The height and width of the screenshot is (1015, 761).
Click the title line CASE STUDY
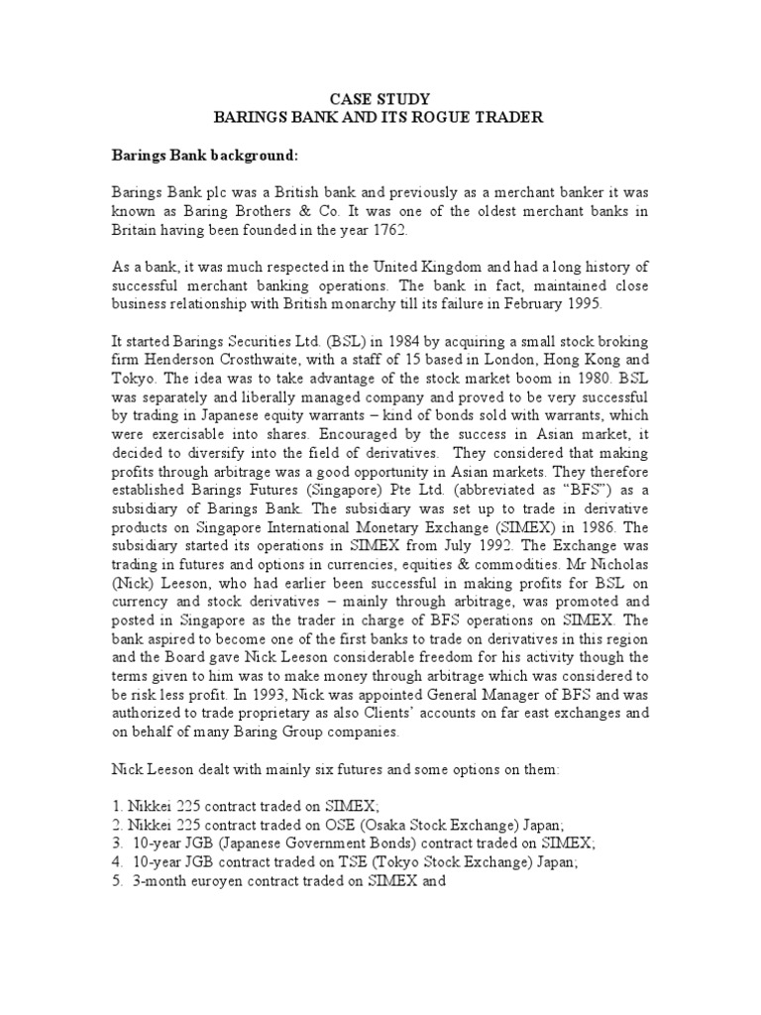(380, 98)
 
